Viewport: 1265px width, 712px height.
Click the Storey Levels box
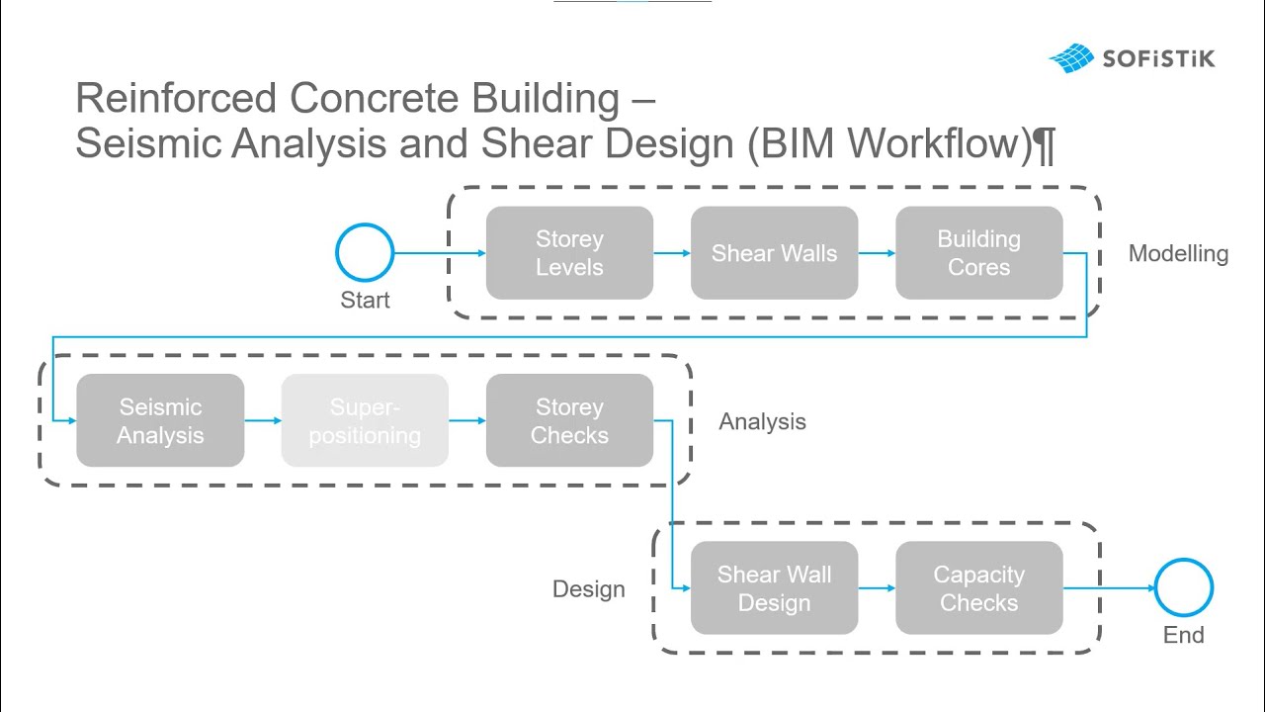pyautogui.click(x=569, y=253)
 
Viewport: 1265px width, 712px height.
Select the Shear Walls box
pyautogui.click(x=774, y=253)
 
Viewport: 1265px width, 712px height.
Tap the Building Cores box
pyautogui.click(x=978, y=253)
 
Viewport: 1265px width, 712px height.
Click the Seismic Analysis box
pyautogui.click(x=160, y=420)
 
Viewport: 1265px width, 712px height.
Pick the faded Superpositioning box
pyautogui.click(x=365, y=420)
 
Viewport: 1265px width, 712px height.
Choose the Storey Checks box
pyautogui.click(x=569, y=420)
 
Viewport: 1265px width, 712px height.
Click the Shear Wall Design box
pyautogui.click(x=774, y=588)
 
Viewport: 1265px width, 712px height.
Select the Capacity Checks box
pyautogui.click(x=978, y=588)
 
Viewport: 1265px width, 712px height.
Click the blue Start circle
pyautogui.click(x=365, y=253)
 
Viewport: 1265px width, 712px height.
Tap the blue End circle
pyautogui.click(x=1183, y=588)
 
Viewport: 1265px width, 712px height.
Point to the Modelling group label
pyautogui.click(x=1178, y=254)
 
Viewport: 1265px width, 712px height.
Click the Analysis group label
pyautogui.click(x=762, y=422)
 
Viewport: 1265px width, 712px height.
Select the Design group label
pyautogui.click(x=589, y=589)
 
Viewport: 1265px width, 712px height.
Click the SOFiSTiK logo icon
pyautogui.click(x=1071, y=58)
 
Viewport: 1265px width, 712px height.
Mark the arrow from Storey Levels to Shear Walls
pyautogui.click(x=672, y=253)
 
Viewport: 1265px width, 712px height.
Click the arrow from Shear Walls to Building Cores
pyautogui.click(x=877, y=253)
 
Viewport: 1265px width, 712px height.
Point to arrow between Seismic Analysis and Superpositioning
pyautogui.click(x=263, y=420)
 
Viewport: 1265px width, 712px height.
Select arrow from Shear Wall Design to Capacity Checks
pyautogui.click(x=877, y=588)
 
